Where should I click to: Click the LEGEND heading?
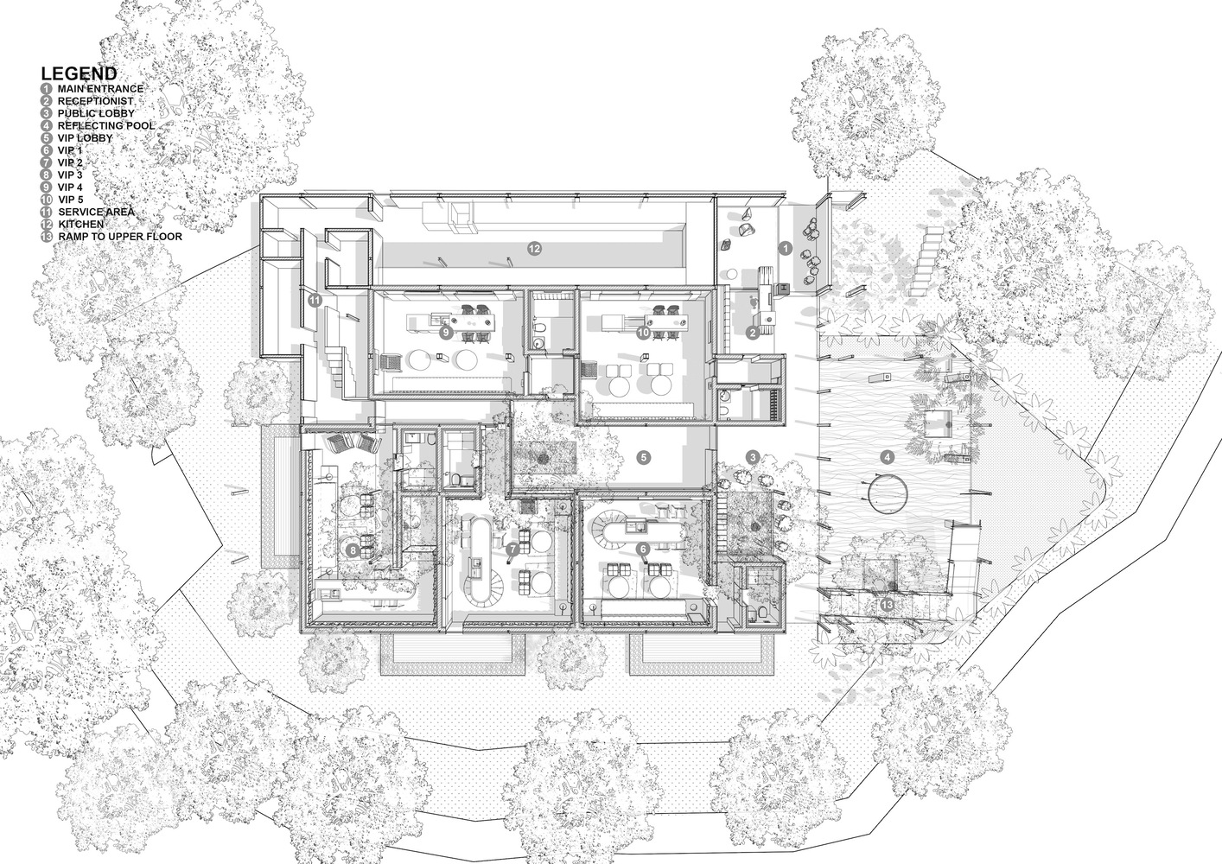[x=80, y=73]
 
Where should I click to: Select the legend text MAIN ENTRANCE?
[x=100, y=88]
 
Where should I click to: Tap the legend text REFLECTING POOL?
[x=106, y=125]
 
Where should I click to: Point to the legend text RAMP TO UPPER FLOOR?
[x=121, y=237]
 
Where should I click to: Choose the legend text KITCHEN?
[x=81, y=224]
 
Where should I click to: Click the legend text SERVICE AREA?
[x=97, y=213]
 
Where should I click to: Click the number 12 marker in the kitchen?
[x=534, y=249]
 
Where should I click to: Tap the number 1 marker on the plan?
[x=785, y=249]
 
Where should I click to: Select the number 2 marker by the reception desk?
[x=752, y=333]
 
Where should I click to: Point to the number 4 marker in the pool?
[x=888, y=457]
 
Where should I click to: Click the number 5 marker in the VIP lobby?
[x=645, y=457]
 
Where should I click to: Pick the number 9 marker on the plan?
[x=446, y=332]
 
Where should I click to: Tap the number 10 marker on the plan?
[x=644, y=332]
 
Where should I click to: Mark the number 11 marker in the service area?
[x=315, y=300]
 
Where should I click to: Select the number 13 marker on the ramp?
[x=888, y=604]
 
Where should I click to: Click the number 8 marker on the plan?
[x=353, y=551]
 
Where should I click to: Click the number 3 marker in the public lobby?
[x=754, y=457]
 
